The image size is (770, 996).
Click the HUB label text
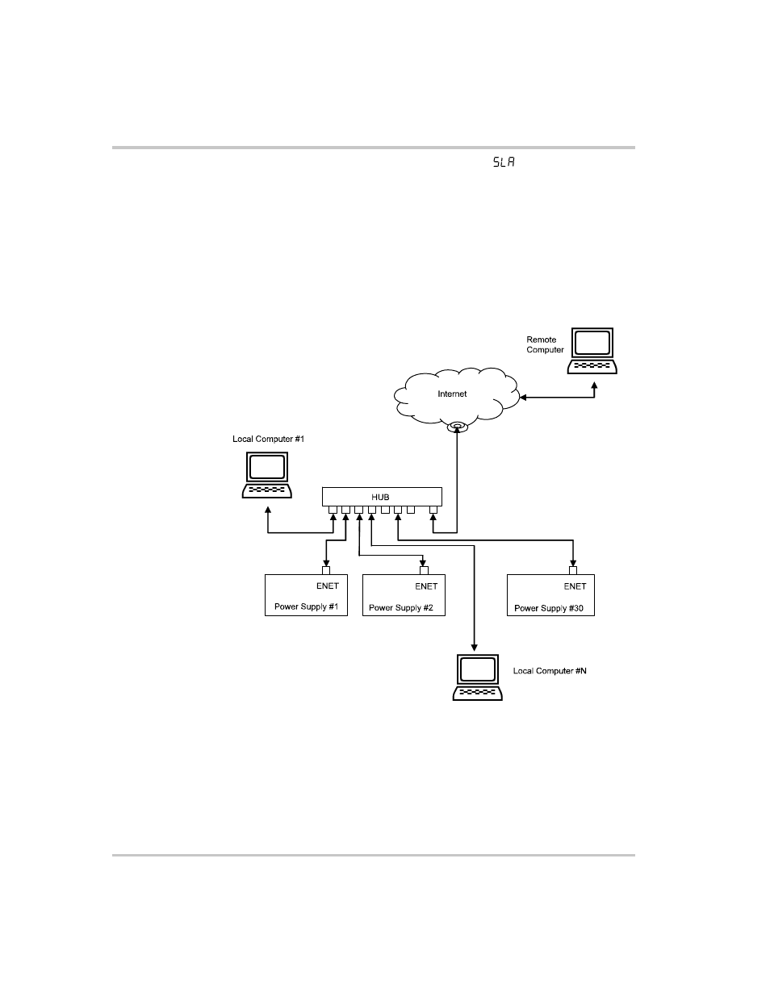[x=381, y=497]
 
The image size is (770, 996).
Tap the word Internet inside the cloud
[x=452, y=394]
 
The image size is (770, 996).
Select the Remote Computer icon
[x=592, y=351]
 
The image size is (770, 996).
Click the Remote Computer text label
[x=545, y=345]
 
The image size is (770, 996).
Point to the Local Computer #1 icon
[x=267, y=475]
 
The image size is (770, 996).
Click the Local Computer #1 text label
[x=268, y=439]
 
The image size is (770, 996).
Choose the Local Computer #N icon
[x=477, y=677]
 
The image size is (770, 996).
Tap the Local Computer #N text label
[x=550, y=671]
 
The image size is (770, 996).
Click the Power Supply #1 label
[x=306, y=606]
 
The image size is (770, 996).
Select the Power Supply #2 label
[x=401, y=607]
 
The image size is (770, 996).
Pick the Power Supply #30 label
[x=549, y=607]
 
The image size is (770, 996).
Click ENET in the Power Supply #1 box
[x=328, y=586]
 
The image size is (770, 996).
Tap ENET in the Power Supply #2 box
[x=426, y=586]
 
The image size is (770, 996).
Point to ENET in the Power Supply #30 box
[x=575, y=586]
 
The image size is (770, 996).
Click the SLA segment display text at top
[x=504, y=162]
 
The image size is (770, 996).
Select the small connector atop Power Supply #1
[x=326, y=570]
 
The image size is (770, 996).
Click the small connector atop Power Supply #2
[x=424, y=570]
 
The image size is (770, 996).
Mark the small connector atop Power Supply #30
[x=573, y=570]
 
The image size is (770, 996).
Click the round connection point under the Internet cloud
[x=458, y=426]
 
